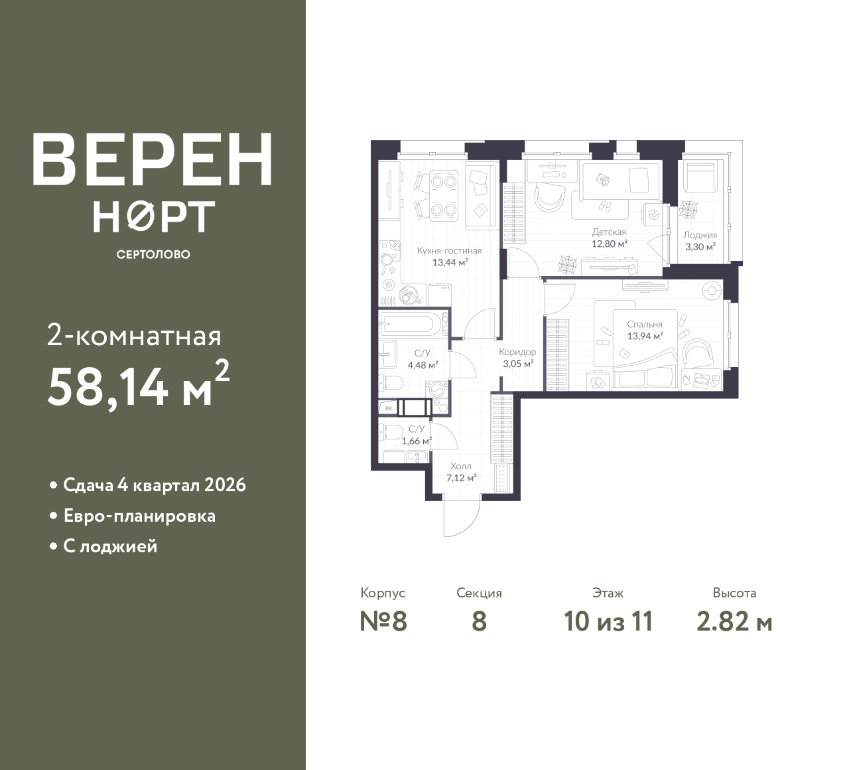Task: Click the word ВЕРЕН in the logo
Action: point(153,159)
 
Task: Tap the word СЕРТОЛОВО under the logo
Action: point(153,254)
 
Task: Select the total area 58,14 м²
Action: point(139,383)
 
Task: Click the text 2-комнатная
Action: point(134,337)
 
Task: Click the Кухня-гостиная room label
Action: point(450,251)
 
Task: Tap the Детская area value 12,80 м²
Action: point(610,244)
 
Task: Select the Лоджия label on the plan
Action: point(700,236)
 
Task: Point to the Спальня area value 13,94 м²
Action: point(645,337)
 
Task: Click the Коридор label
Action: point(517,352)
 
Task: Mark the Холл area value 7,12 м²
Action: point(462,478)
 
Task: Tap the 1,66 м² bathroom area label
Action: point(417,441)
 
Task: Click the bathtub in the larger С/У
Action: point(413,324)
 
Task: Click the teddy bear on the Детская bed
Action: point(603,180)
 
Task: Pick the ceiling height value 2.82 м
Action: point(734,623)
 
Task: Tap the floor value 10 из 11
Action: point(608,622)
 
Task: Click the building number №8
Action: point(383,622)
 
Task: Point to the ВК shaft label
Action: point(389,409)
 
